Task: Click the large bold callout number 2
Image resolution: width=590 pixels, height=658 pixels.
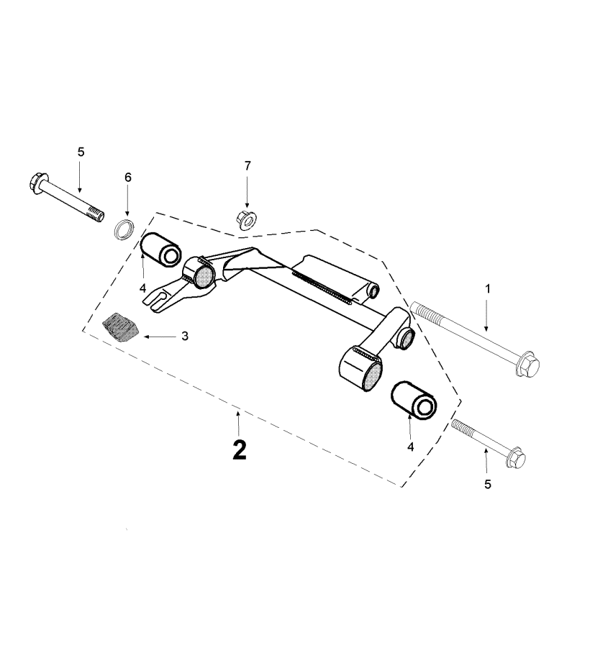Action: (x=240, y=450)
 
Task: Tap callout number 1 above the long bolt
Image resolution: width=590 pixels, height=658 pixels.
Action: (x=488, y=288)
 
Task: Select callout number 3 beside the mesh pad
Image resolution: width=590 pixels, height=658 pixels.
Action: (x=185, y=336)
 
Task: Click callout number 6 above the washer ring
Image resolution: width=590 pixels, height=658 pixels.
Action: (x=127, y=178)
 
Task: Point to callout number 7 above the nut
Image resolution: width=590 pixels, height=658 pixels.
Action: (x=248, y=166)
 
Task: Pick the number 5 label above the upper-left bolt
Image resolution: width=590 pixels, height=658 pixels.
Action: (x=81, y=152)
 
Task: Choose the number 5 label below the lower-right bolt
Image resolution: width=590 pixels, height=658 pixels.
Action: (x=488, y=484)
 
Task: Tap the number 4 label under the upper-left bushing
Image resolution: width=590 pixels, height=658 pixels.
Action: (x=142, y=288)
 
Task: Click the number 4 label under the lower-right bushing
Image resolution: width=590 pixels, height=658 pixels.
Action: (x=410, y=447)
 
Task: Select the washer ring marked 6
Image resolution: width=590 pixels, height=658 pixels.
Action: (x=124, y=229)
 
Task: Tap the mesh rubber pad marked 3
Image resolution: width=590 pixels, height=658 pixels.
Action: (x=121, y=328)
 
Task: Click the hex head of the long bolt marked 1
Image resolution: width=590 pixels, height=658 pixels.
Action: (x=527, y=365)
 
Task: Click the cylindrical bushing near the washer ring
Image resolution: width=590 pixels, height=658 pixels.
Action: (x=161, y=250)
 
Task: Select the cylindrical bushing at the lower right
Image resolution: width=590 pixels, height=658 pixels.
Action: (x=414, y=400)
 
